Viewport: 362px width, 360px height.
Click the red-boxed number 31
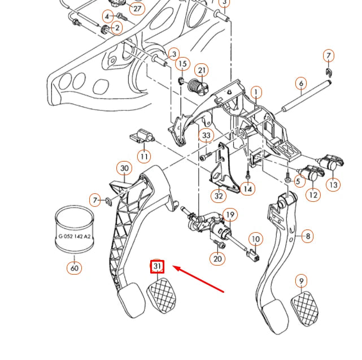(157, 266)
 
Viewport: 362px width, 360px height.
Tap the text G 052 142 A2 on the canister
(75, 238)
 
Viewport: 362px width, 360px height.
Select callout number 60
(75, 268)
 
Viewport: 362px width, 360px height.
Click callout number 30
(125, 168)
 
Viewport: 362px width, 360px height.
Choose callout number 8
(307, 236)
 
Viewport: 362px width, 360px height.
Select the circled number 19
(229, 215)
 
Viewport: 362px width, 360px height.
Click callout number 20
(218, 258)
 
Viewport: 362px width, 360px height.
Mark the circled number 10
(255, 239)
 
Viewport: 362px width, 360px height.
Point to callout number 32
(218, 196)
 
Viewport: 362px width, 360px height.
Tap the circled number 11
(145, 156)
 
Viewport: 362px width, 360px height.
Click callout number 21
(202, 71)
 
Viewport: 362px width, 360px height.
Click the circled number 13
(334, 184)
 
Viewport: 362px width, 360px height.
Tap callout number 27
(137, 8)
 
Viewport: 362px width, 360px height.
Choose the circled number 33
(206, 136)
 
